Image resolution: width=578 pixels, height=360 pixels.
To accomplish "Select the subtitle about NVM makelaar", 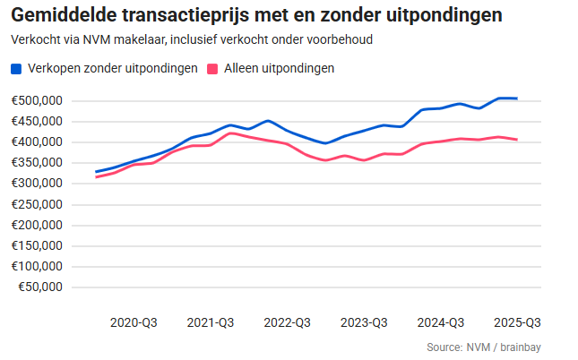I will [x=192, y=40].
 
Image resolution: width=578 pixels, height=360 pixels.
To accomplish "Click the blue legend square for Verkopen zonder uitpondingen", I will [x=16, y=69].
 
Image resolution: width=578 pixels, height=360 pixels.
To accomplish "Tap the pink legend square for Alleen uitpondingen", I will [x=213, y=69].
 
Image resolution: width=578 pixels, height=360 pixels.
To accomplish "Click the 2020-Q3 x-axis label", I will [x=133, y=322].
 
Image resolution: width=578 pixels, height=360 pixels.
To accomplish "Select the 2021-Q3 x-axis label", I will [x=210, y=322].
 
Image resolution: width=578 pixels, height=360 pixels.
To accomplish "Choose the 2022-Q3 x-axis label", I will [x=287, y=322].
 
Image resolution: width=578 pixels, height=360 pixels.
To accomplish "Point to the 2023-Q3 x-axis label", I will [x=364, y=322].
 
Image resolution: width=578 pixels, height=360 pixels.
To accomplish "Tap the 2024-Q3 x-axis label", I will [x=441, y=322].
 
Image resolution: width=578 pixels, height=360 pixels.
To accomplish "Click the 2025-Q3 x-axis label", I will [x=517, y=322].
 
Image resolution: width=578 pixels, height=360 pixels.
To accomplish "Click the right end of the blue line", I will [x=517, y=99].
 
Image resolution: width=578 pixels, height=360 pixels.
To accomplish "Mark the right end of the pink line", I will [x=517, y=140].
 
